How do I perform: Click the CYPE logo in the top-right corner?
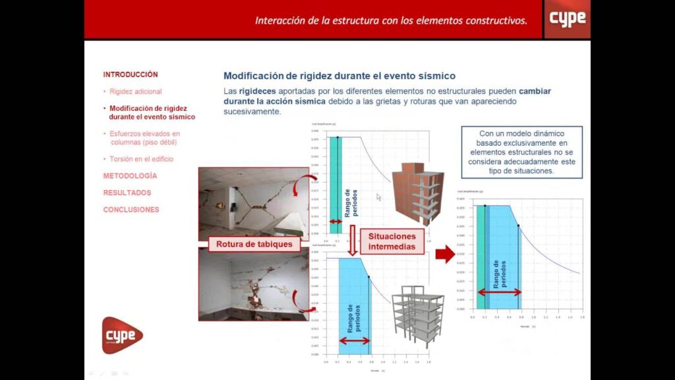pos(567,18)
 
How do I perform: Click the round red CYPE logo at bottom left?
pos(121,335)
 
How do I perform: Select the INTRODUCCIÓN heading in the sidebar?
pos(131,75)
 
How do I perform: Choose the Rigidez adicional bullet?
pos(135,91)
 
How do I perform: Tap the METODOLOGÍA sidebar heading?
pos(130,176)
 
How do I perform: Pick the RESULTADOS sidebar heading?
pos(127,193)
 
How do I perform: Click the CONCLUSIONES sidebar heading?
pos(131,209)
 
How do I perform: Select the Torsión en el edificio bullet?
pos(141,159)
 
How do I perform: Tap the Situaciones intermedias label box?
pos(392,241)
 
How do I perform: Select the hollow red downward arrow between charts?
pos(353,240)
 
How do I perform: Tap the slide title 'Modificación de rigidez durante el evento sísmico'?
pos(339,76)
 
